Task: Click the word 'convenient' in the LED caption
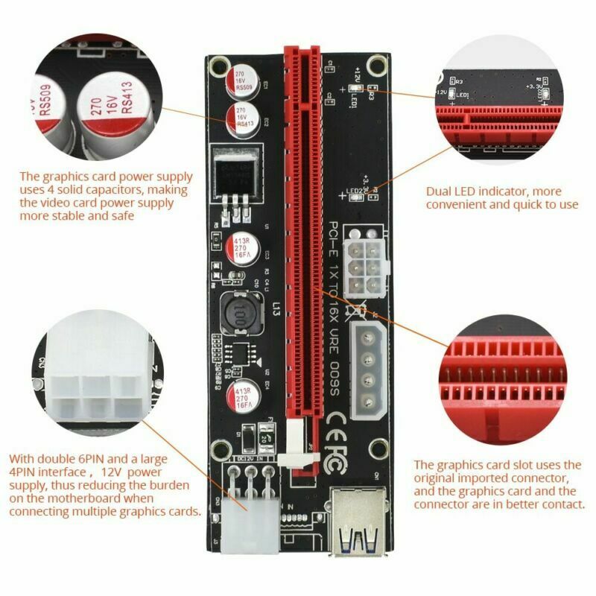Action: point(456,204)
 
